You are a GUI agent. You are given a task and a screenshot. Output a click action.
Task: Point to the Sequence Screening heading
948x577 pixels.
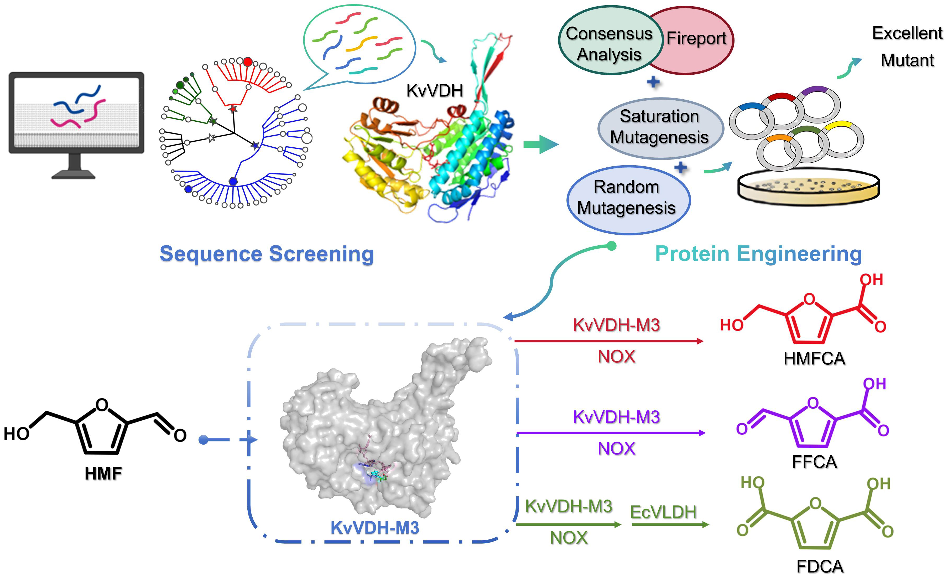tap(267, 254)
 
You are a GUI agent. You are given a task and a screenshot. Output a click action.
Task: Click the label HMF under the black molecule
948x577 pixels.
tap(103, 473)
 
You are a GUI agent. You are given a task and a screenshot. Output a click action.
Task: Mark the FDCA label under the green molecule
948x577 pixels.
tap(820, 566)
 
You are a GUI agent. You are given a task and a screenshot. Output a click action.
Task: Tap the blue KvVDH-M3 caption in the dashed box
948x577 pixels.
tap(375, 528)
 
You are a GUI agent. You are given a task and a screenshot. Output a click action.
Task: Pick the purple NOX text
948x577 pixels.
tap(616, 449)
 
